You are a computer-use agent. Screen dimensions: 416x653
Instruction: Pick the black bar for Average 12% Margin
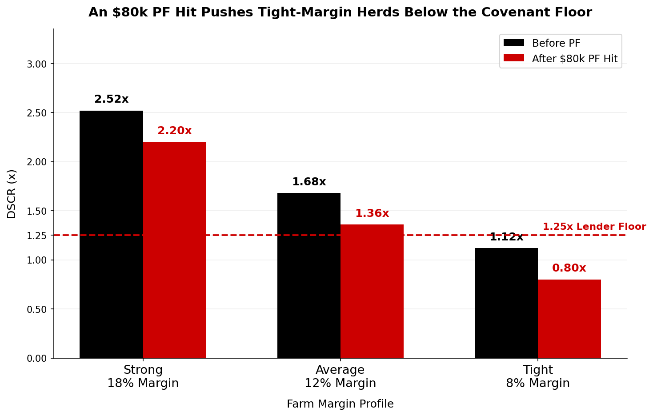tap(308, 276)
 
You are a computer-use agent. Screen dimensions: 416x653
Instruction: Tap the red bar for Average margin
tap(372, 291)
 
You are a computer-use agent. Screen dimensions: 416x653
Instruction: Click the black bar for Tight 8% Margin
tap(506, 303)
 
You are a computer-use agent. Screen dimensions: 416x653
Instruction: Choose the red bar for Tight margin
tap(569, 319)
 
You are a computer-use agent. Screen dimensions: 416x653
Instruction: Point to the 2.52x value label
tap(111, 100)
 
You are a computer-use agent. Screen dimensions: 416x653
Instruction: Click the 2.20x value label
tap(174, 131)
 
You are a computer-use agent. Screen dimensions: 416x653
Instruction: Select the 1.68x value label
tap(308, 182)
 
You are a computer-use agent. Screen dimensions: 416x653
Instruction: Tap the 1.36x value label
tap(372, 214)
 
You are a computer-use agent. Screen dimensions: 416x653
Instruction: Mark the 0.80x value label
tap(569, 268)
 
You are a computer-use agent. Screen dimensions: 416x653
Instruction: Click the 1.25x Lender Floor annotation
tap(594, 227)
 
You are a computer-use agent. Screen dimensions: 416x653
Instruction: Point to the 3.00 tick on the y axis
tap(36, 64)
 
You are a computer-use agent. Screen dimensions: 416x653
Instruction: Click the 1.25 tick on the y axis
tap(36, 236)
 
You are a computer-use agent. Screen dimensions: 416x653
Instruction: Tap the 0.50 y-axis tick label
tap(36, 309)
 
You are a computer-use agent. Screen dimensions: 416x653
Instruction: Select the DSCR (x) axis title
tap(12, 194)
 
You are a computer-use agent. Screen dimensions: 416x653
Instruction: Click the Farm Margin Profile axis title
tap(340, 404)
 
